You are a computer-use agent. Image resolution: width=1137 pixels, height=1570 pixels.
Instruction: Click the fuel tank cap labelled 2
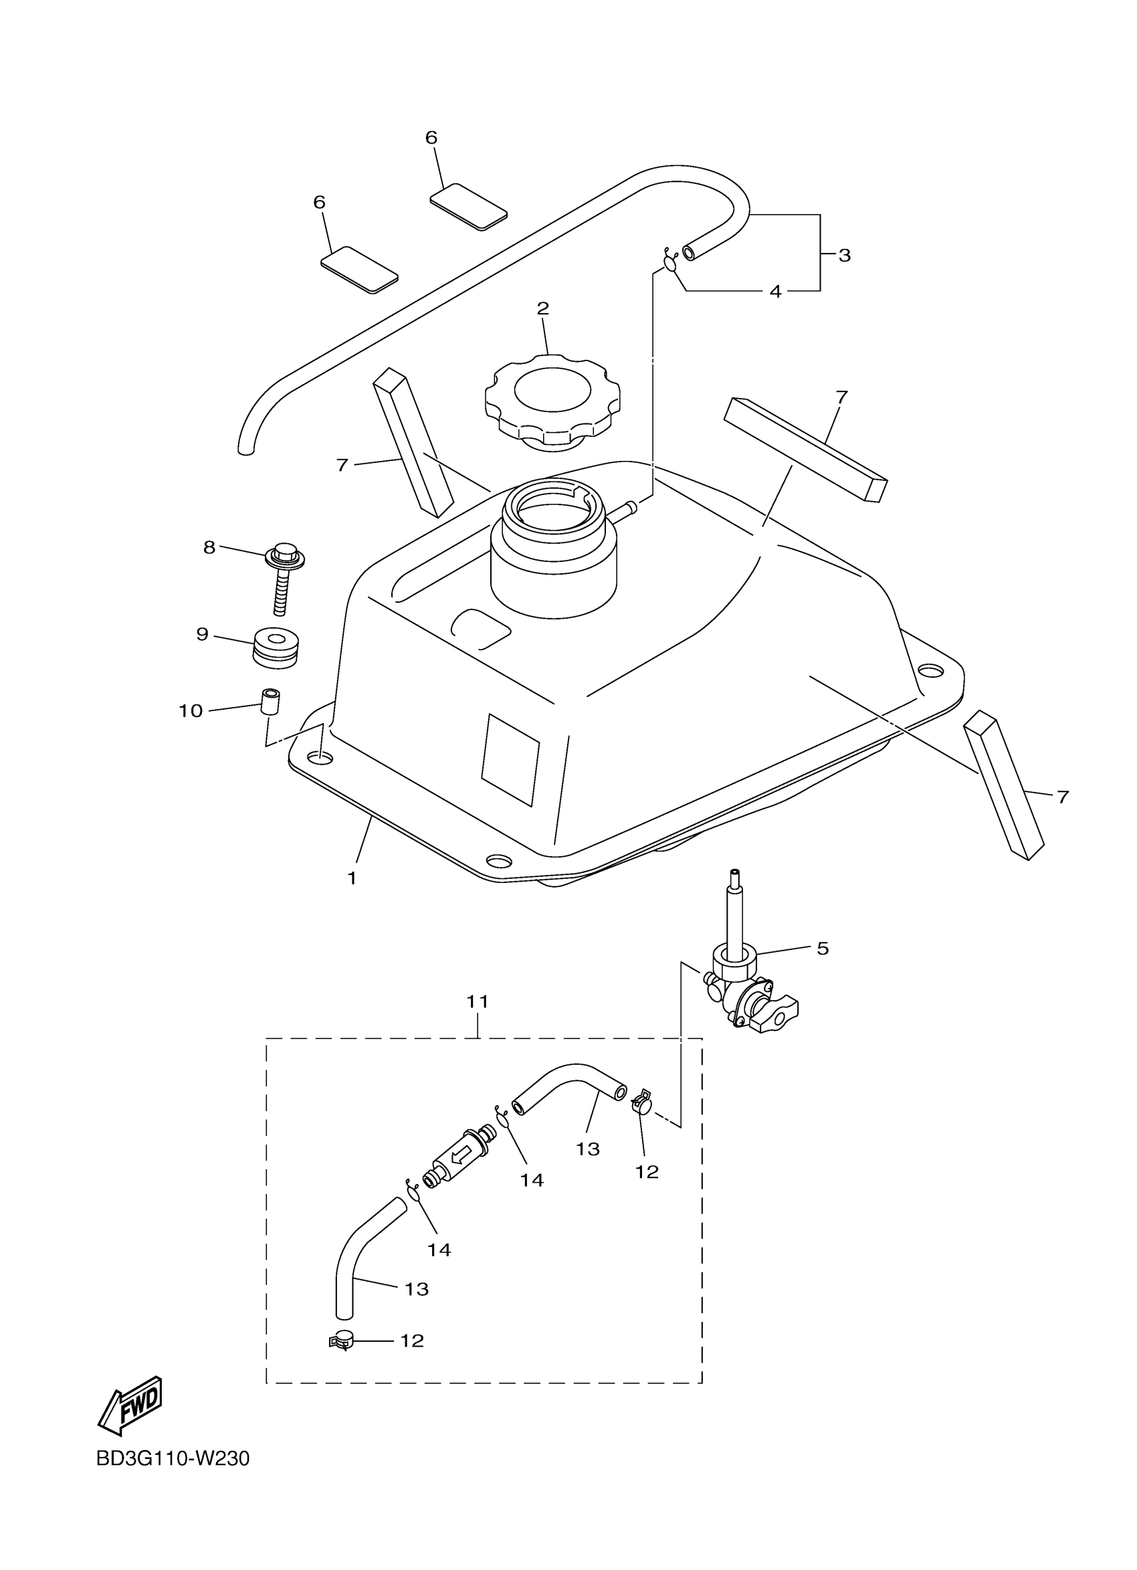(x=552, y=399)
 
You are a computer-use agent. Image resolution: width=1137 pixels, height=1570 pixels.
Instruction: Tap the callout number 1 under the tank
(x=352, y=878)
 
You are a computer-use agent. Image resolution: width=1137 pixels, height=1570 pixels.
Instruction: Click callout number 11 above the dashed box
(x=478, y=1001)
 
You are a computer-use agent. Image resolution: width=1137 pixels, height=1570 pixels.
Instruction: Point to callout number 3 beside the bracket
(x=844, y=256)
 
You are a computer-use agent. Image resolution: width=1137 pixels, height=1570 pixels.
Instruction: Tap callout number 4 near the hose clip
(x=775, y=292)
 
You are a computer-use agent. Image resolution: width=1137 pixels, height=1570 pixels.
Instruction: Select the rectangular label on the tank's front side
(x=510, y=759)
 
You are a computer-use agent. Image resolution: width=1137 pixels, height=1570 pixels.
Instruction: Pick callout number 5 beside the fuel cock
(x=822, y=949)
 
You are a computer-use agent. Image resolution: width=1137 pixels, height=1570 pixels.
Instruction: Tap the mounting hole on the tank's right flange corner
(x=931, y=671)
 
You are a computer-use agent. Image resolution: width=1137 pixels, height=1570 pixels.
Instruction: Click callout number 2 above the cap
(x=542, y=309)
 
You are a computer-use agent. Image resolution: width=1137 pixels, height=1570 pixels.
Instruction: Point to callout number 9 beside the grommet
(x=202, y=634)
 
